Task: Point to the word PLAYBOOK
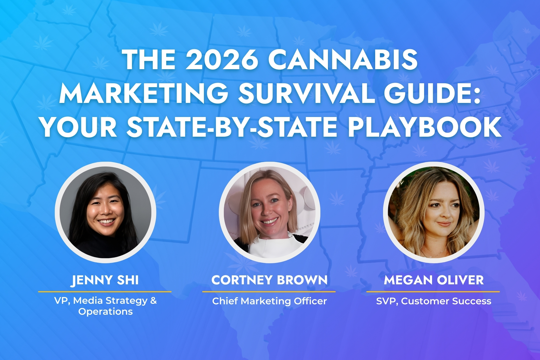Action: click(x=425, y=127)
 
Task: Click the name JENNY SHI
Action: click(x=105, y=280)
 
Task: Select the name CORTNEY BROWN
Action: click(x=269, y=280)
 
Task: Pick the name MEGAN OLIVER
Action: click(x=434, y=280)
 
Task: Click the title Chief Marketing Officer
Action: click(x=269, y=301)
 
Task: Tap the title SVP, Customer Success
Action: click(x=434, y=301)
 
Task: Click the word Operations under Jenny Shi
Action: click(x=105, y=312)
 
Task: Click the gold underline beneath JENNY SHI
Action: click(x=105, y=292)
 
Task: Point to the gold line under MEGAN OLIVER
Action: click(x=433, y=292)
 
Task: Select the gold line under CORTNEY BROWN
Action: click(x=269, y=292)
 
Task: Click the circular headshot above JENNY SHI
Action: click(x=105, y=212)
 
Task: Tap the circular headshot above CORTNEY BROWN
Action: click(x=269, y=212)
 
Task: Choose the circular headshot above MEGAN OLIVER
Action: click(x=434, y=212)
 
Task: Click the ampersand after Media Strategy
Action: click(x=154, y=300)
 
